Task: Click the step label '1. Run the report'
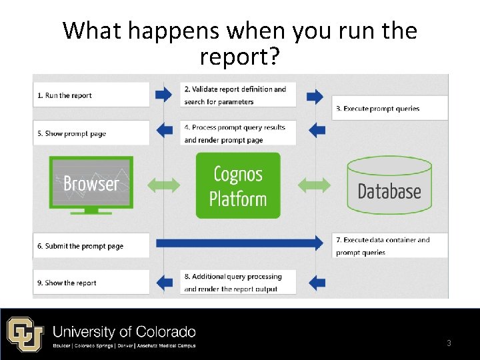[x=65, y=95]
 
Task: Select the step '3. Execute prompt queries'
[x=377, y=108]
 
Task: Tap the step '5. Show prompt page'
[x=71, y=133]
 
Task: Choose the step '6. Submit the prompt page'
[x=79, y=246]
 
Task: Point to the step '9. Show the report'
[x=67, y=283]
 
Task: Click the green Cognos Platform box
[x=238, y=186]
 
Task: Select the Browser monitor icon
[x=91, y=183]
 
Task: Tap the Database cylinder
[x=389, y=186]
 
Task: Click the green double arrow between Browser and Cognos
[x=163, y=185]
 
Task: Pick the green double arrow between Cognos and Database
[x=314, y=185]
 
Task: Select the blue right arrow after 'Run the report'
[x=163, y=95]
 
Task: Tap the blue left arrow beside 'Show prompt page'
[x=163, y=129]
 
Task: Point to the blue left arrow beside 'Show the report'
[x=163, y=282]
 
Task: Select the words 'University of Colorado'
[x=124, y=331]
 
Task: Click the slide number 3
[x=449, y=343]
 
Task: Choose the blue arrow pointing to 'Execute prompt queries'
[x=315, y=96]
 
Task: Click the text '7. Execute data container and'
[x=383, y=240]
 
